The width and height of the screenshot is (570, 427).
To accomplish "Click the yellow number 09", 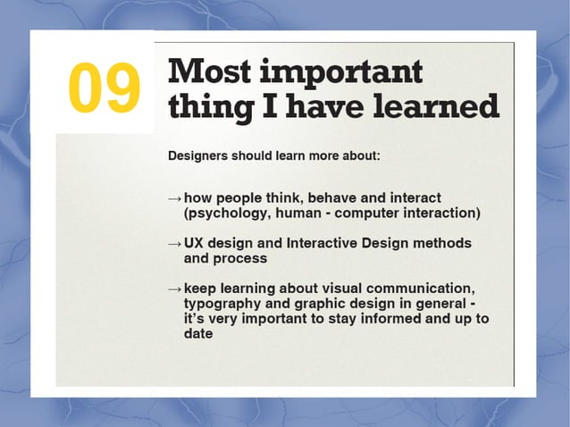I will point(104,88).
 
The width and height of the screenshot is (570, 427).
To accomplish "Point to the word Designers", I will point(199,155).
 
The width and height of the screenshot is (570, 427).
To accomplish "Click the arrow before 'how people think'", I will point(174,197).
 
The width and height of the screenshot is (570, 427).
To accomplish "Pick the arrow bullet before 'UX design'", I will point(174,244).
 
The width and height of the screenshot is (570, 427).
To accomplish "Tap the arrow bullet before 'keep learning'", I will point(174,289).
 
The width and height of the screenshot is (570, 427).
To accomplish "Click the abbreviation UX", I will point(196,243).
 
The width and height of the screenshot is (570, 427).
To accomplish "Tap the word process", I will point(239,258).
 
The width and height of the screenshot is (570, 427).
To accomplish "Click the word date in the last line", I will point(197,334).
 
